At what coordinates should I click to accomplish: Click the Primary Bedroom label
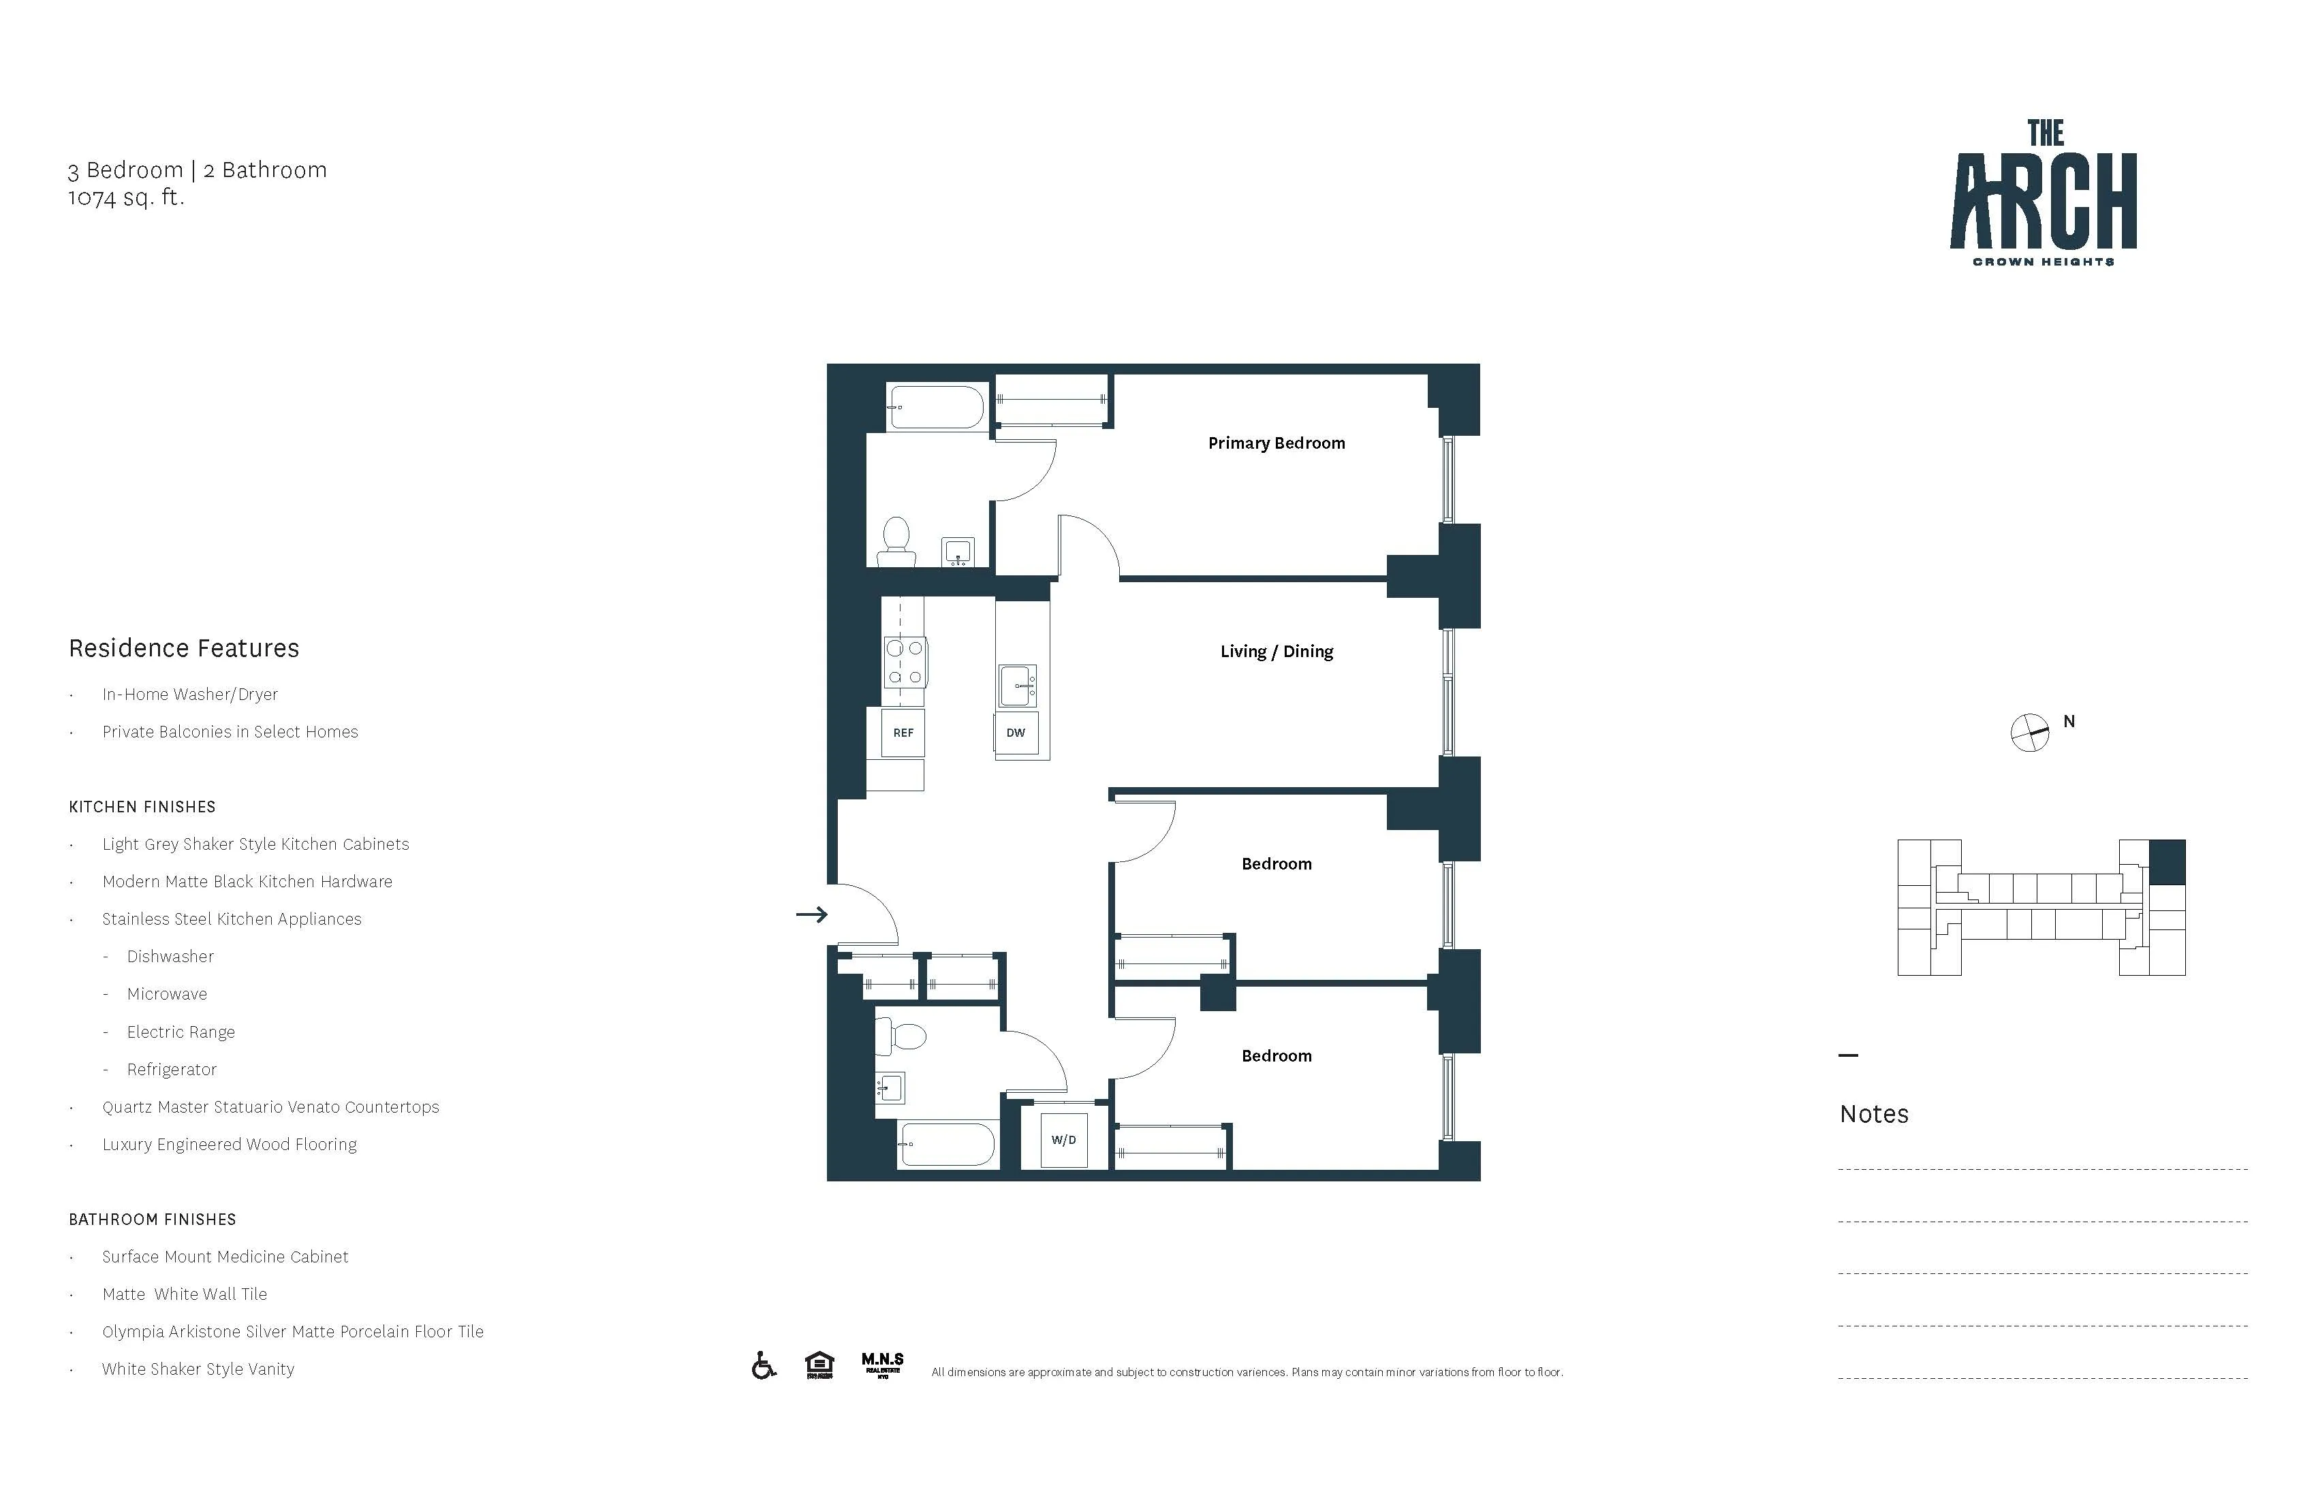click(1276, 443)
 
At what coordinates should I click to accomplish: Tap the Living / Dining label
click(1276, 652)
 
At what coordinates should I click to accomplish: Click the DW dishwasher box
click(1015, 733)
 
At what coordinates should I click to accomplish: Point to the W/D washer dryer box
click(1063, 1140)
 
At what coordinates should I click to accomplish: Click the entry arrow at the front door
click(811, 914)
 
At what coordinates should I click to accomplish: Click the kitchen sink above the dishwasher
click(1018, 686)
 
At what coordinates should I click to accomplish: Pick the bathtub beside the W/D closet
click(947, 1145)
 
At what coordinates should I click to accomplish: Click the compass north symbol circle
click(2029, 733)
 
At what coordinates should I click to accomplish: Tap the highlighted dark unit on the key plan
click(2166, 863)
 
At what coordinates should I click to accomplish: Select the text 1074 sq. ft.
click(125, 197)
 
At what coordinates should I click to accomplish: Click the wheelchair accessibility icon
click(764, 1366)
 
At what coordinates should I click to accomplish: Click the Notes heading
click(1873, 1115)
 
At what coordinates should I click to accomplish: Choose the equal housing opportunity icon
click(819, 1366)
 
